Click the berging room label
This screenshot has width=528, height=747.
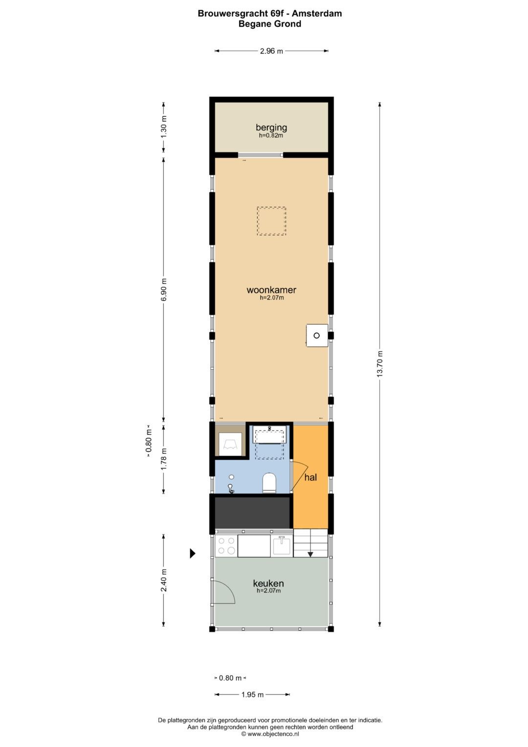[x=271, y=128]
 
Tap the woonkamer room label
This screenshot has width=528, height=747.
[x=271, y=290]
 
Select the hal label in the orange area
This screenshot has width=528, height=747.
[x=310, y=477]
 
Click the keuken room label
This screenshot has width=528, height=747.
[x=268, y=583]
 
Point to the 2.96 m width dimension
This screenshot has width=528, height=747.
[x=271, y=51]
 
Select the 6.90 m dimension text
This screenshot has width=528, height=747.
[x=164, y=290]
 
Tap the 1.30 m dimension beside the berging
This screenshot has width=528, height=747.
[x=164, y=126]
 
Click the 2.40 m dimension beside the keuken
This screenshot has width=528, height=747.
[x=164, y=580]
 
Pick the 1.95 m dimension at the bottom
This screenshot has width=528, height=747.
[x=252, y=695]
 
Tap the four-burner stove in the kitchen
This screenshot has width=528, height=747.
[x=226, y=545]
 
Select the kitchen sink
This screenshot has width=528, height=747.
[x=282, y=545]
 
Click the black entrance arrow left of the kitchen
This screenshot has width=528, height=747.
[x=193, y=553]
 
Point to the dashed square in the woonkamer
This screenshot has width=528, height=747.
[x=271, y=221]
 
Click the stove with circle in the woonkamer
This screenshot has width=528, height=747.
[x=317, y=336]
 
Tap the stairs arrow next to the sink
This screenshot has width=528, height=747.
[x=310, y=553]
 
